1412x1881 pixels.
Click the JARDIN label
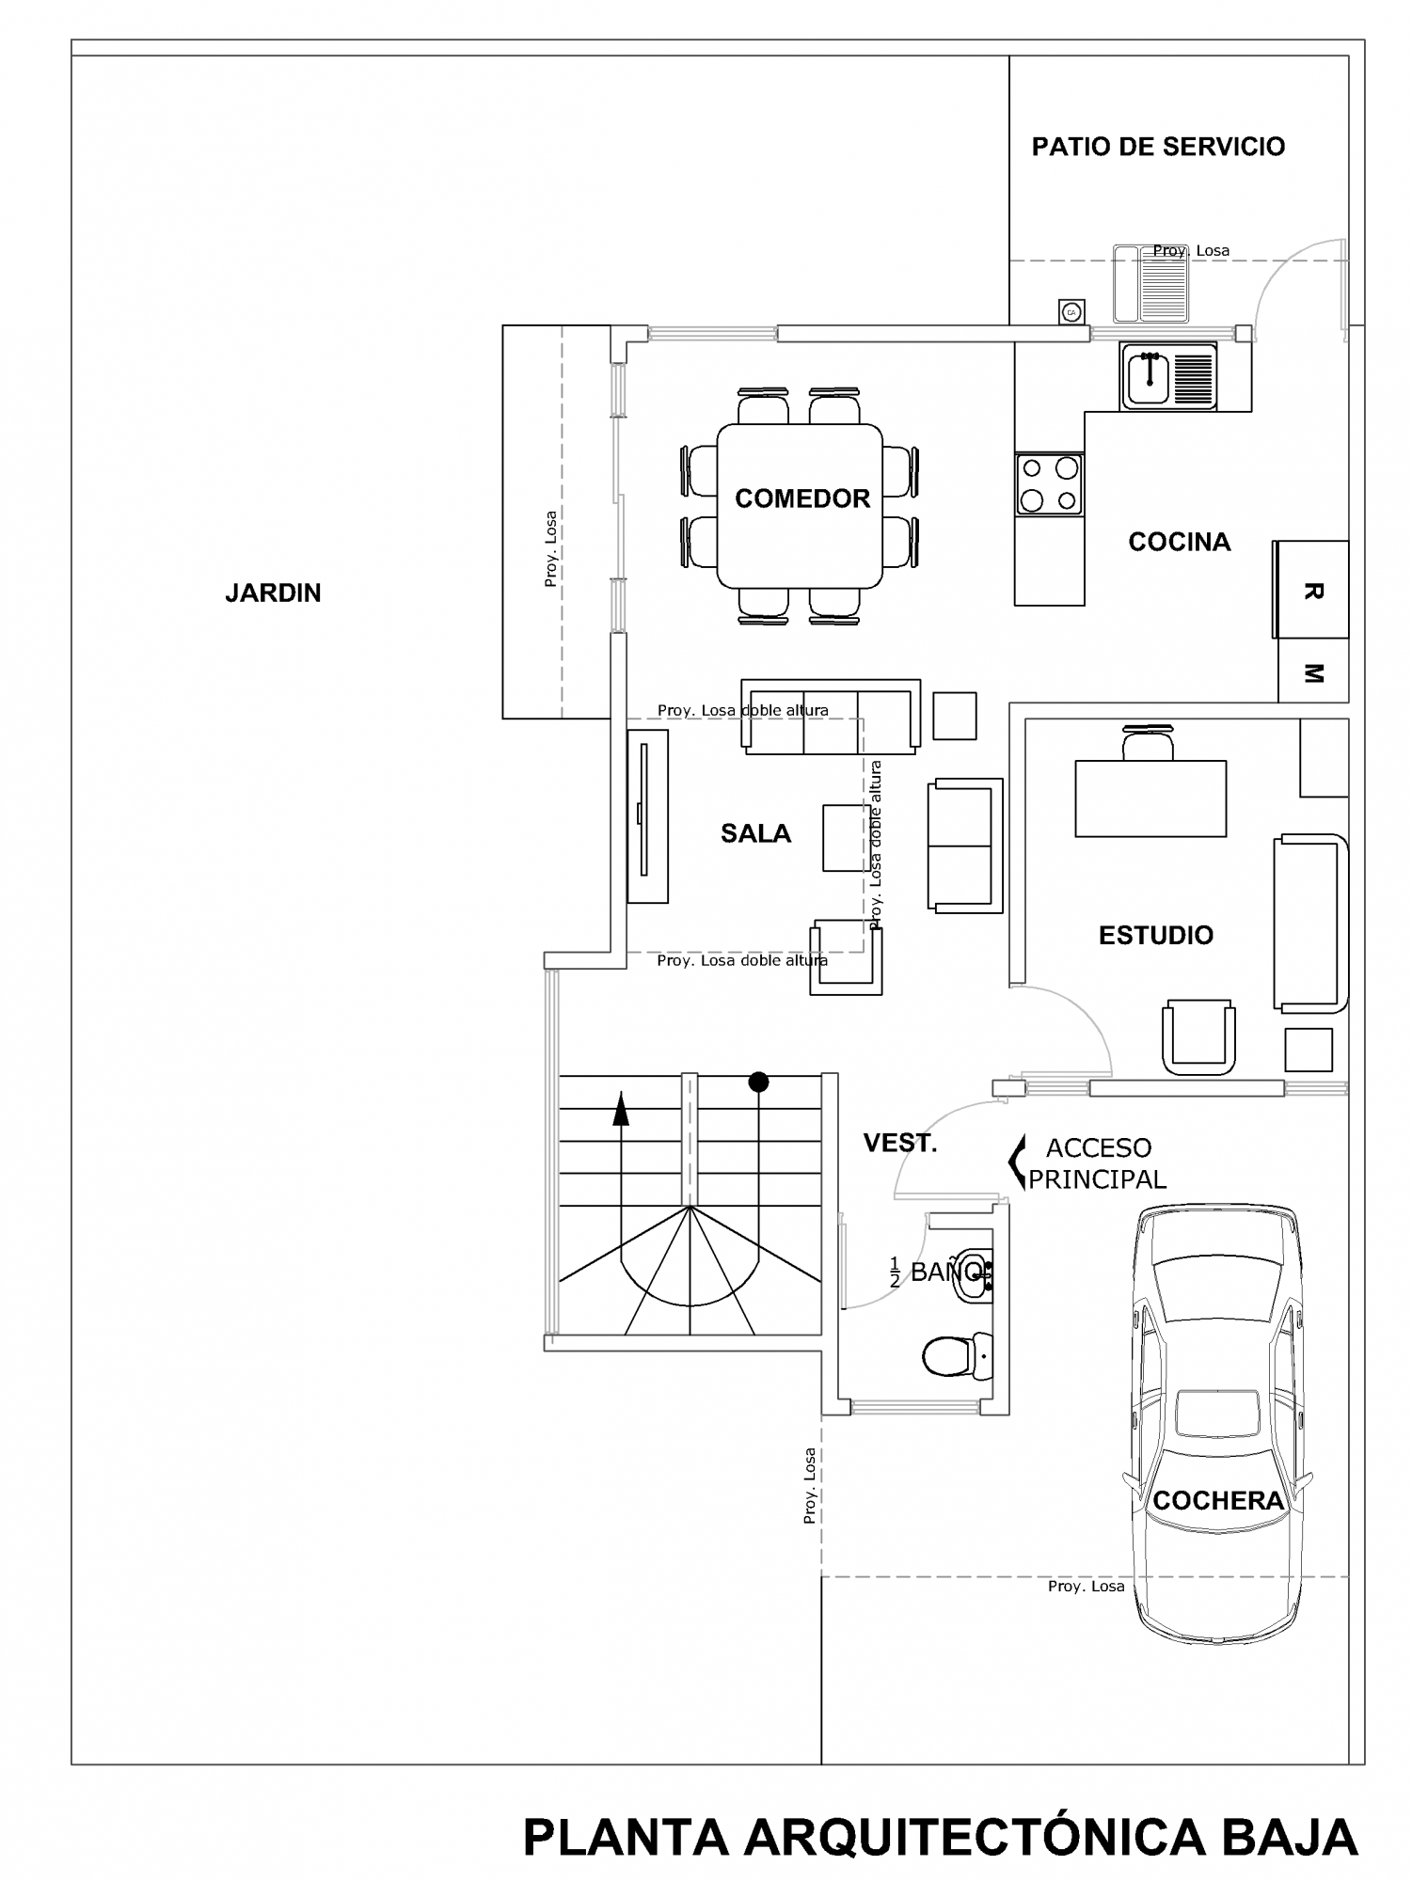pos(273,593)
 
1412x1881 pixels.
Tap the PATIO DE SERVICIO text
pos(1158,147)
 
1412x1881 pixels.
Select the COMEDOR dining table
pos(800,506)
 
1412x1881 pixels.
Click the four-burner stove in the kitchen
pos(1049,483)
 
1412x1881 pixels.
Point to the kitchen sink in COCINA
pos(1169,376)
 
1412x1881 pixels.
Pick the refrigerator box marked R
pos(1311,590)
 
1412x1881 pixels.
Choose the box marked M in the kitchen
pos(1314,671)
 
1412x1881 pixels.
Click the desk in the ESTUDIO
pos(1150,798)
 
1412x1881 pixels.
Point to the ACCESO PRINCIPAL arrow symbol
pos(1016,1162)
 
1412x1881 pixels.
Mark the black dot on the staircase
pos(758,1083)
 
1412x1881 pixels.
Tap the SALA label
pos(755,833)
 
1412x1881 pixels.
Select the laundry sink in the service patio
pos(1151,283)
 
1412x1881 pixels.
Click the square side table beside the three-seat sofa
pos(954,716)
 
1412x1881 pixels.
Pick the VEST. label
pos(900,1144)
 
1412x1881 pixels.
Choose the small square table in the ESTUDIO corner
pos(1309,1050)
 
